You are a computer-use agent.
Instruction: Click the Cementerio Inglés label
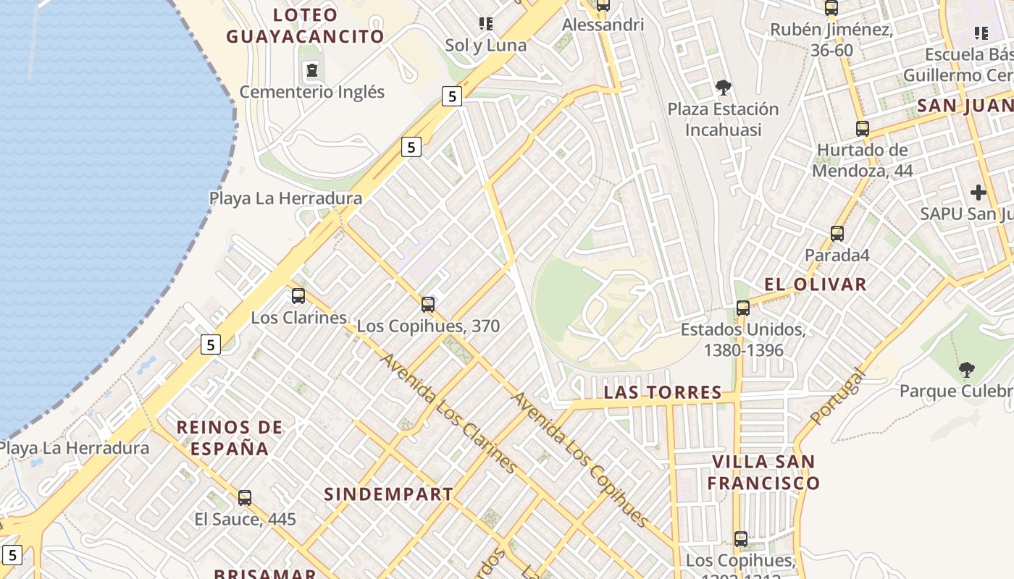[312, 92]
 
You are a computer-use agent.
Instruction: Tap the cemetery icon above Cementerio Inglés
[311, 70]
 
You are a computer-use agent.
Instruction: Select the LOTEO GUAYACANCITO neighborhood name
[305, 26]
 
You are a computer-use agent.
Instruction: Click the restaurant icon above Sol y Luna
[486, 24]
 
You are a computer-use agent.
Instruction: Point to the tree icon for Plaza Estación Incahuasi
[723, 88]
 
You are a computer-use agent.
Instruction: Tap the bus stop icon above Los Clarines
[298, 295]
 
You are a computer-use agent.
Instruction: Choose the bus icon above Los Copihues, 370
[428, 304]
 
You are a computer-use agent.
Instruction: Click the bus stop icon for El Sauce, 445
[245, 497]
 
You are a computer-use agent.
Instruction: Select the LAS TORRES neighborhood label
[663, 392]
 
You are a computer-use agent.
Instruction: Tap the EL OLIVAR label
[816, 284]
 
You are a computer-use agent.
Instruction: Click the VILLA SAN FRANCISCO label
[763, 472]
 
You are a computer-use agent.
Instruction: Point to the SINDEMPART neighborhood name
[388, 494]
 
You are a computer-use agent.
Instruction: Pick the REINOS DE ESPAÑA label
[230, 438]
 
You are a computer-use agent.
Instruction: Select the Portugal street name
[838, 397]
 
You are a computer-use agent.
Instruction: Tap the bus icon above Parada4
[837, 234]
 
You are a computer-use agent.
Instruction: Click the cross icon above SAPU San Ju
[979, 193]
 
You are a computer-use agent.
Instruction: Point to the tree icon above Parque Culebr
[966, 370]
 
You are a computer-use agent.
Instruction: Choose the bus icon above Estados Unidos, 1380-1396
[742, 308]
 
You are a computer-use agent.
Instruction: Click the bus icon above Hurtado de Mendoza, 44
[862, 129]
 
